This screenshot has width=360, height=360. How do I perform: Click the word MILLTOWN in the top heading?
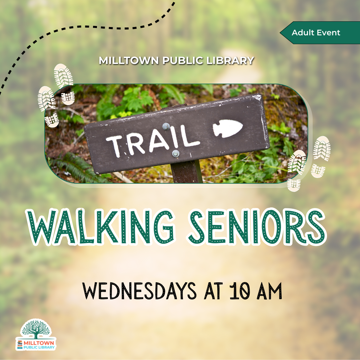point(129,61)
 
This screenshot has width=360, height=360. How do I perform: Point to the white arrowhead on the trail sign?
point(228,129)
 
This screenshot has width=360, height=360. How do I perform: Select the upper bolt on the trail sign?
point(166,126)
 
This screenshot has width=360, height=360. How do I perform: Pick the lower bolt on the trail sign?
point(176,153)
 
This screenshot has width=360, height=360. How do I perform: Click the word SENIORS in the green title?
point(257,227)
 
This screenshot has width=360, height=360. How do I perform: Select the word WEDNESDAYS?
point(139,291)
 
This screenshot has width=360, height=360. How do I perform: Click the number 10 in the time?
point(239,291)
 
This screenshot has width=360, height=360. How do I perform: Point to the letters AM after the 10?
point(269,291)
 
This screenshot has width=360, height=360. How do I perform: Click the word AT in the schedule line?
point(213,291)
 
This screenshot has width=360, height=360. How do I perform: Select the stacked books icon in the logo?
point(20,344)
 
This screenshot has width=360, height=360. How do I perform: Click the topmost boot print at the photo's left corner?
point(64,76)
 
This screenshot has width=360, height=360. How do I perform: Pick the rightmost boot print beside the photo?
point(321,148)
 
